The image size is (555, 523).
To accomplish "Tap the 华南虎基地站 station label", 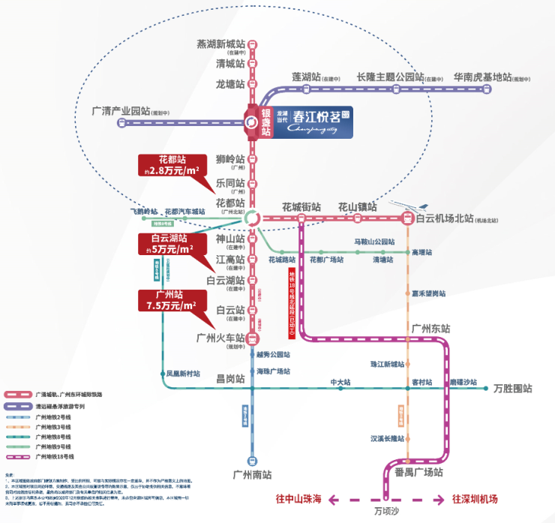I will [482, 77].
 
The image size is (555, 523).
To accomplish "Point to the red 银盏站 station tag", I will [265, 122].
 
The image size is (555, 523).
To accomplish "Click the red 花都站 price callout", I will [172, 165].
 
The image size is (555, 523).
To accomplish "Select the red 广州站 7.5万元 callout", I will [172, 300].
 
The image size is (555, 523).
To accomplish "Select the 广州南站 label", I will [252, 474].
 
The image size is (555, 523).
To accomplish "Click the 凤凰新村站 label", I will [183, 373].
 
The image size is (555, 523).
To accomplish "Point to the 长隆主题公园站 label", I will [390, 77].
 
